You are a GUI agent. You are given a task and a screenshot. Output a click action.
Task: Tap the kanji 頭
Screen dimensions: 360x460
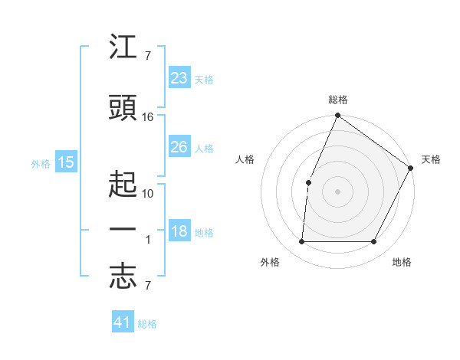[x=123, y=109]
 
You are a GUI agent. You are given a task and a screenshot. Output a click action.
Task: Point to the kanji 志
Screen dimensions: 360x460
[x=123, y=277]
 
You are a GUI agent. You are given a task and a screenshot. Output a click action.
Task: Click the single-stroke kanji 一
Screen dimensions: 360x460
[x=123, y=230]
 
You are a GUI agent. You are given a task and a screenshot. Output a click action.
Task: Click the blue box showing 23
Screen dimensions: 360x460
[x=179, y=78]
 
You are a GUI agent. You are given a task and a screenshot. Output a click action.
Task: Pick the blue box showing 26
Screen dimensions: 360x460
[x=179, y=147]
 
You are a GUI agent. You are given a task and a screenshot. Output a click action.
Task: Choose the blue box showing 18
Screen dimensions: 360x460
[x=179, y=232]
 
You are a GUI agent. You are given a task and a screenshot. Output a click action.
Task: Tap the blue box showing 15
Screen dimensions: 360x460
[x=66, y=162]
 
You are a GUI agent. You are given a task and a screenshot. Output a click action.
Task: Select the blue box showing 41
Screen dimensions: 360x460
[x=123, y=322]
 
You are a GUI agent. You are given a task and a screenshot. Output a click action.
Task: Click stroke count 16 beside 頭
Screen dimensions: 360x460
[x=148, y=117]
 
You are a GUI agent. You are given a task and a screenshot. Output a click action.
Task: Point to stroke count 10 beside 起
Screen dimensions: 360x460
[x=148, y=193]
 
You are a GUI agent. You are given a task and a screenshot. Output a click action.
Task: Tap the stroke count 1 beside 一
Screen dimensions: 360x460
[x=149, y=240]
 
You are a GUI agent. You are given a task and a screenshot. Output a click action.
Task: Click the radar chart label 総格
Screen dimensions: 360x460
[x=338, y=100]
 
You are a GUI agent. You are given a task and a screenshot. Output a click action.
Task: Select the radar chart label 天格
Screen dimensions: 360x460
[x=431, y=159]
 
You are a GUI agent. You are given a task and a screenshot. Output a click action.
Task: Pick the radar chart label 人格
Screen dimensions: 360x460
[x=245, y=159]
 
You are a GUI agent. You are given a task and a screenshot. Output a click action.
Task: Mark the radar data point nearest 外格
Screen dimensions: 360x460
[x=302, y=242]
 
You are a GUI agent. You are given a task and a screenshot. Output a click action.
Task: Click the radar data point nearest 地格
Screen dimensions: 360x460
[x=374, y=242]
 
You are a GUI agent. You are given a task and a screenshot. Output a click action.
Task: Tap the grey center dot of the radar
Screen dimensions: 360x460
[x=337, y=191]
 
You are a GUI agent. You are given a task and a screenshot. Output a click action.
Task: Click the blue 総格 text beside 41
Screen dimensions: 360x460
[x=147, y=324]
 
